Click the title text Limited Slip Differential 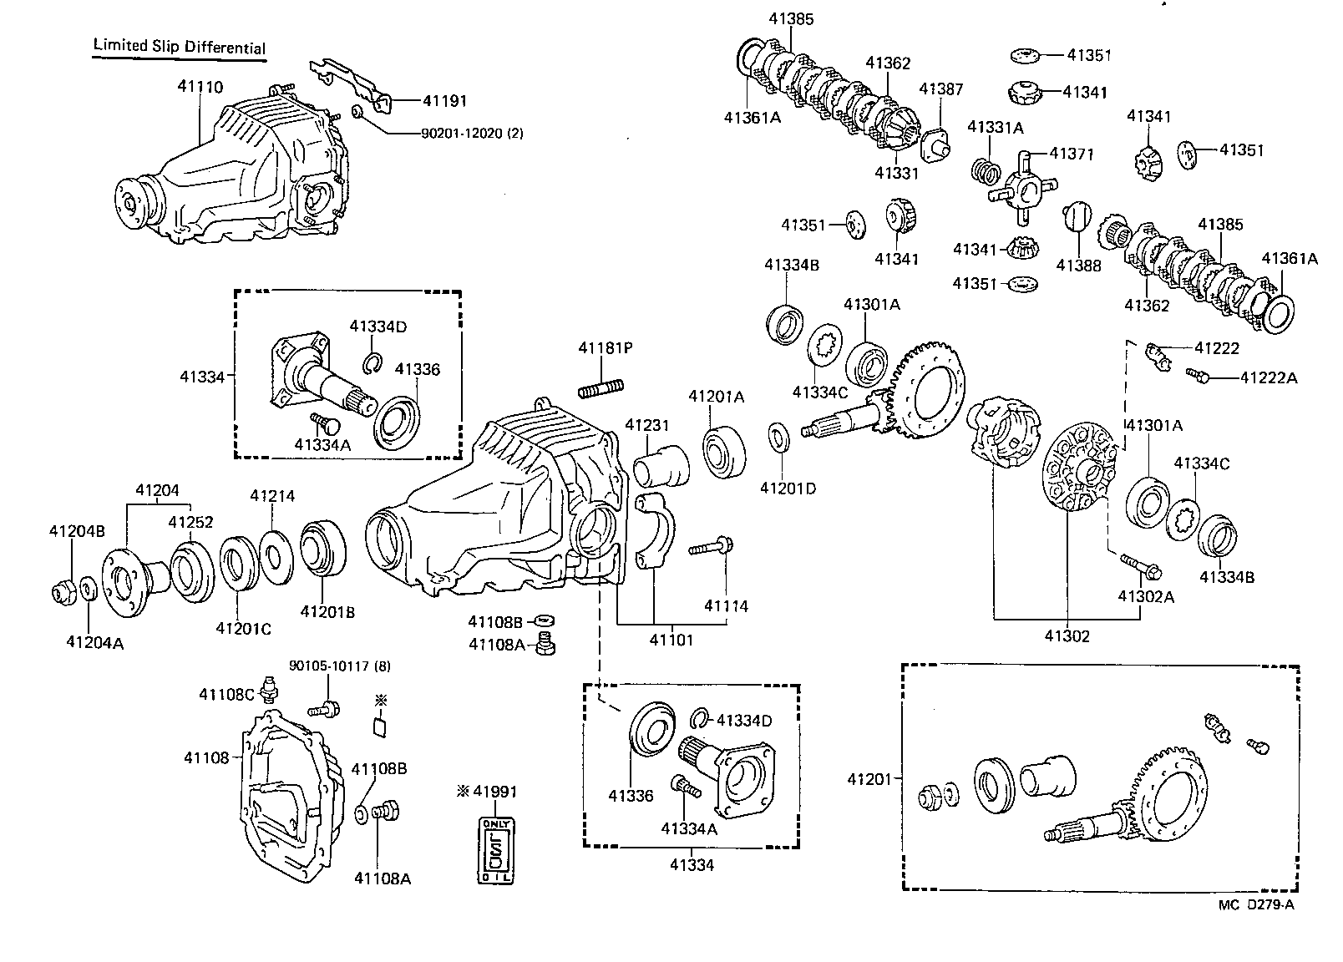(179, 47)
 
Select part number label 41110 (200, 86)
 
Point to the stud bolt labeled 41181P (601, 389)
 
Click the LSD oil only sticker (497, 850)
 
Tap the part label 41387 (940, 89)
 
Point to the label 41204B (76, 530)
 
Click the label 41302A (1146, 596)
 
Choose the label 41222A (1268, 377)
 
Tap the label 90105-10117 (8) (339, 666)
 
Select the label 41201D (787, 488)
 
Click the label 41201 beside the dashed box (870, 779)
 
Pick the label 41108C (226, 694)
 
